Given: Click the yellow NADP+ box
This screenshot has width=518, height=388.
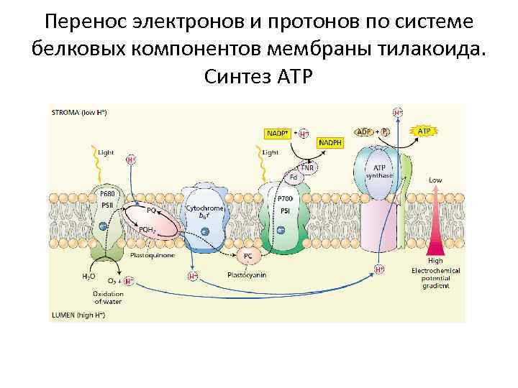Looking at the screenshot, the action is coord(278,133).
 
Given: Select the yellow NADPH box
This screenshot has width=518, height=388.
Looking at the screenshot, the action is coord(330,143).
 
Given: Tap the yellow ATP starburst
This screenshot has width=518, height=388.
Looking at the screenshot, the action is coord(424,132).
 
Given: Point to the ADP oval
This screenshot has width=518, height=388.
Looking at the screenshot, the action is coord(365,132).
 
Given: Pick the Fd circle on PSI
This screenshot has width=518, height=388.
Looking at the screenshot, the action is coord(294,177).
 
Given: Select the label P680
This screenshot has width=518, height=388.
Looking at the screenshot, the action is coord(108,194).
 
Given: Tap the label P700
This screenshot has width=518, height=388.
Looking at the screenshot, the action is coord(285,199).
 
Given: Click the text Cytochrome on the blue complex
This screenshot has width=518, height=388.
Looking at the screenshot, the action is coord(205,208).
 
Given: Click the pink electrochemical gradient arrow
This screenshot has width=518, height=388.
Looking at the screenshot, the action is coord(435,230).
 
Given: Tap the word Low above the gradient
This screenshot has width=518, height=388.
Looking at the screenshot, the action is coord(435,180).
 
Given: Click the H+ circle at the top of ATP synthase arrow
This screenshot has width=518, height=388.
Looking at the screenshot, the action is coord(397,113).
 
